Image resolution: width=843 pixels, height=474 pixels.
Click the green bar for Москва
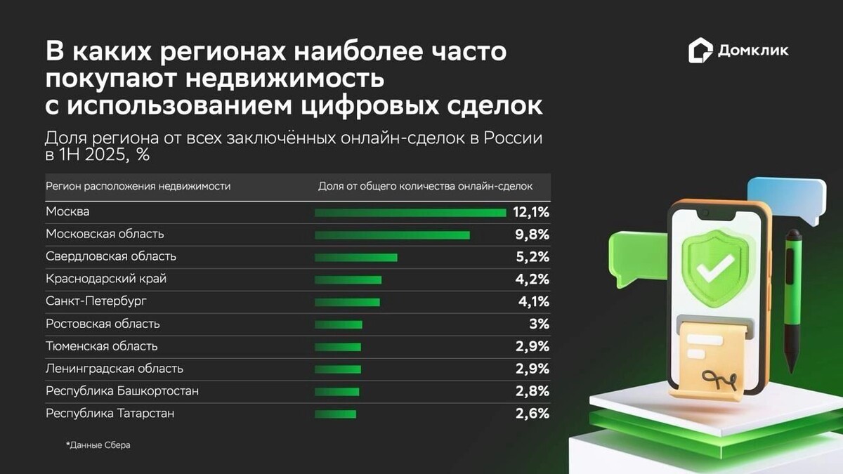coord(410,212)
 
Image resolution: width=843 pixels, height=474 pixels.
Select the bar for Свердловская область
coord(355,257)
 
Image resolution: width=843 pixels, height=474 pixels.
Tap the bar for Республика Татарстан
coord(335,414)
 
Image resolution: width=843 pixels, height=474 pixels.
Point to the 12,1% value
coord(531,212)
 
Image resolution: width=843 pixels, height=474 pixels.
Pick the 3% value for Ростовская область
coord(540,324)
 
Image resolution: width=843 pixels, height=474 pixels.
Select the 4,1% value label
coord(532,302)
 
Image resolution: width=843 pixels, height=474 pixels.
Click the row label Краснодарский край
coord(106,279)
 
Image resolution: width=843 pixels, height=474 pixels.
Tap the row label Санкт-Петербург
coord(96,301)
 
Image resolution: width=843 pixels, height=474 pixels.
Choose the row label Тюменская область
coord(102,346)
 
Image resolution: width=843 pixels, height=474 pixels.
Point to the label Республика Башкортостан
coord(122,391)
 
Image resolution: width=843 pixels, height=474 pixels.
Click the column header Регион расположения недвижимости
coord(138,186)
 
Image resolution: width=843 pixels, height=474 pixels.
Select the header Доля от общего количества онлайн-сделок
coord(425,186)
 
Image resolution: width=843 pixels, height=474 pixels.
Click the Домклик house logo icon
coord(700,51)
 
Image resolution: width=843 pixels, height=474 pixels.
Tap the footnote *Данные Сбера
coord(98,445)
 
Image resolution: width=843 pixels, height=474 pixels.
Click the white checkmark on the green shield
coord(714,266)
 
